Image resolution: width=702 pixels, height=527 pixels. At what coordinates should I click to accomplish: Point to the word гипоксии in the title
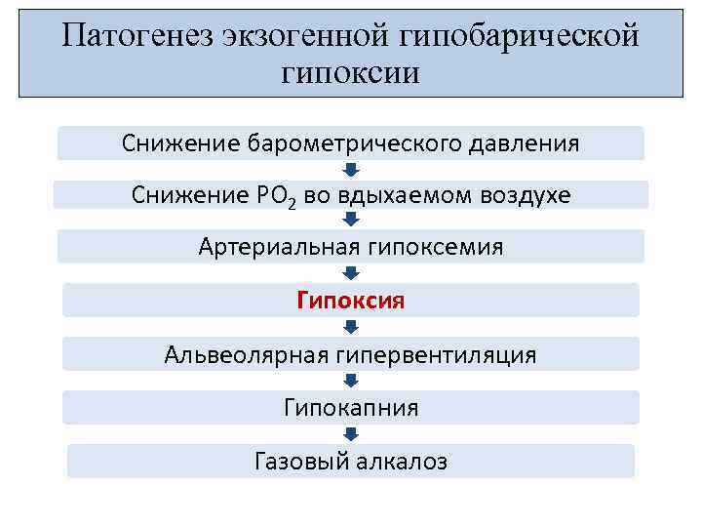(350, 72)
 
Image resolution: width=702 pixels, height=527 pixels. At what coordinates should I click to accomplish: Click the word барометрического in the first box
(345, 143)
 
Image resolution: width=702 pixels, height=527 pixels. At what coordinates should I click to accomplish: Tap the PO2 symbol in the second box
(276, 196)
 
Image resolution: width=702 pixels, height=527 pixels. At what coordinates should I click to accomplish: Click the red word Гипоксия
(350, 300)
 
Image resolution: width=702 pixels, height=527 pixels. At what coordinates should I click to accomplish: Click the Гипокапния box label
(350, 407)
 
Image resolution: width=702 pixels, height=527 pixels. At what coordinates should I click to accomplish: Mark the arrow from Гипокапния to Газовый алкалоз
(351, 434)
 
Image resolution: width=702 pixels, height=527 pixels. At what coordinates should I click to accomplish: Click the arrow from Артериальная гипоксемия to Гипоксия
(351, 273)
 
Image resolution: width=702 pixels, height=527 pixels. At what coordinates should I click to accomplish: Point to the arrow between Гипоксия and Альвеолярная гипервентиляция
(351, 327)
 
